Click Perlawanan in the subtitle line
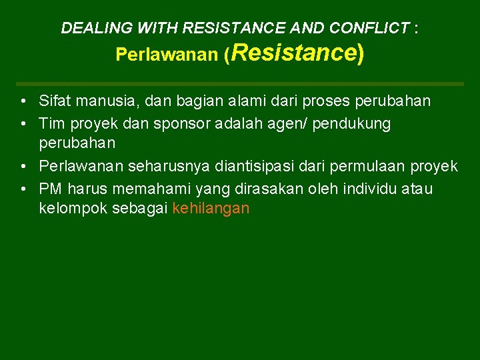(x=167, y=55)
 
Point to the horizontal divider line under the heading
(x=240, y=84)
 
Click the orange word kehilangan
(x=211, y=209)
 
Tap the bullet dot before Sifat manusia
(x=23, y=102)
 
